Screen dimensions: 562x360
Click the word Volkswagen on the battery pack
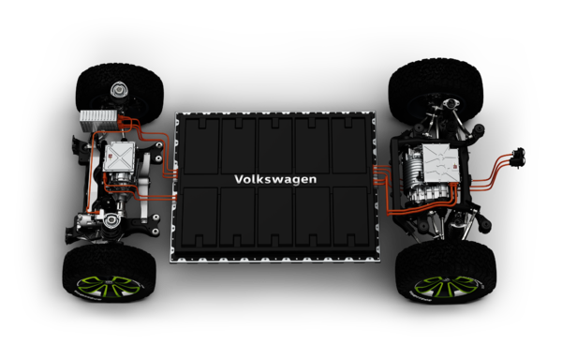tap(275, 179)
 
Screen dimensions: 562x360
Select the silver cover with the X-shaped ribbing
tap(119, 157)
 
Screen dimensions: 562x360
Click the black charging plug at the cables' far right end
tap(518, 157)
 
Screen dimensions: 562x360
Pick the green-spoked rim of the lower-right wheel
tap(448, 288)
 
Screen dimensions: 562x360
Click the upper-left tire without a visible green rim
tap(120, 93)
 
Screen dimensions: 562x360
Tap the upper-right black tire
tap(436, 90)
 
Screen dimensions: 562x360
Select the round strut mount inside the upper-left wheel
tap(117, 90)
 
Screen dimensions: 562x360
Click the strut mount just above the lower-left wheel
tap(111, 219)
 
